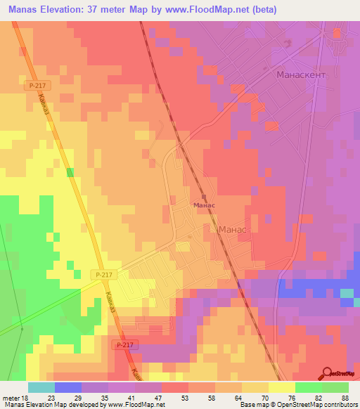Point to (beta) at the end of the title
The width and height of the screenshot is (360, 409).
pyautogui.click(x=264, y=10)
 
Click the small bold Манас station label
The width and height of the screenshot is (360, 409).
pyautogui.click(x=204, y=205)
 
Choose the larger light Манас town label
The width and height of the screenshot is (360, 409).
pyautogui.click(x=232, y=230)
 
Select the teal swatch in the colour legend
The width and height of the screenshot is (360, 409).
pyautogui.click(x=41, y=387)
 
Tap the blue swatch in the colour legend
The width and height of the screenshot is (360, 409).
pyautogui.click(x=67, y=387)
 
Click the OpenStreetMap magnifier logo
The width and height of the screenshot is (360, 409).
pyautogui.click(x=326, y=373)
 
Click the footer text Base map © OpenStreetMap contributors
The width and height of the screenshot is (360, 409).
pyautogui.click(x=297, y=405)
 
